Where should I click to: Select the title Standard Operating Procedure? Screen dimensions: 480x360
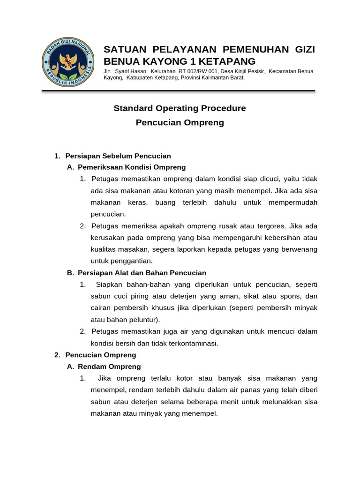[x=180, y=108]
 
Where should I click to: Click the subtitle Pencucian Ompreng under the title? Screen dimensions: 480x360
[x=180, y=123]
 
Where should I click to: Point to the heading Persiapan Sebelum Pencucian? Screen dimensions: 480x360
[x=118, y=156]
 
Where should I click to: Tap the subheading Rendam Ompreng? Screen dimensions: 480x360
[x=109, y=367]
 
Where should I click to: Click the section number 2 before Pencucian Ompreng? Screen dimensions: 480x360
[x=57, y=355]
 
